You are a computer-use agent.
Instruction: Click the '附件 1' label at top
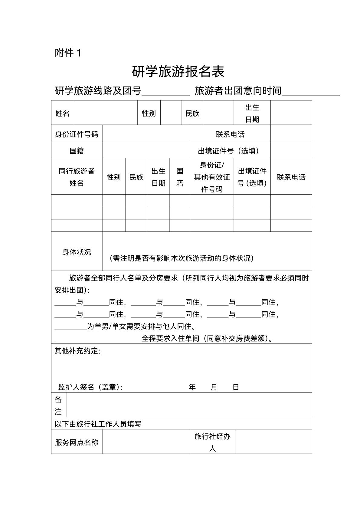tap(68, 53)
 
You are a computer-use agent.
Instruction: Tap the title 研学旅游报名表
tap(178, 72)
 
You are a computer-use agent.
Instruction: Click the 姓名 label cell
tap(62, 113)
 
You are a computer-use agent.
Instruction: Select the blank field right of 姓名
tap(106, 113)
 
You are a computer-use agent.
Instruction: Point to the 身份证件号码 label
tap(77, 134)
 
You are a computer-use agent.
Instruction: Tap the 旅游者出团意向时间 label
tap(238, 90)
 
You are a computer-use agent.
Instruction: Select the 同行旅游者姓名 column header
tap(77, 177)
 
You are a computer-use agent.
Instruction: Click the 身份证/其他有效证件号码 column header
tap(212, 177)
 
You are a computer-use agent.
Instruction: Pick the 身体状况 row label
tap(77, 252)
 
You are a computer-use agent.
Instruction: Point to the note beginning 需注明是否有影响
tap(182, 258)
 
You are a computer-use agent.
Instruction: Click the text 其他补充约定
tap(77, 351)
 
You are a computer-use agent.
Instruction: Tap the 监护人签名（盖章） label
tap(90, 387)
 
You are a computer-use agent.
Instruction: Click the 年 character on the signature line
tap(192, 387)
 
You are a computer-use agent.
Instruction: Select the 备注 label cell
tap(58, 405)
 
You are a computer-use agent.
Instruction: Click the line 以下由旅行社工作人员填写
tap(98, 424)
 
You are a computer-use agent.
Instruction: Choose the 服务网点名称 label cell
tap(77, 442)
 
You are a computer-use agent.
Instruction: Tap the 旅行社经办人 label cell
tap(212, 442)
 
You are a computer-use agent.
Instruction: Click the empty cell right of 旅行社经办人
tap(273, 442)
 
